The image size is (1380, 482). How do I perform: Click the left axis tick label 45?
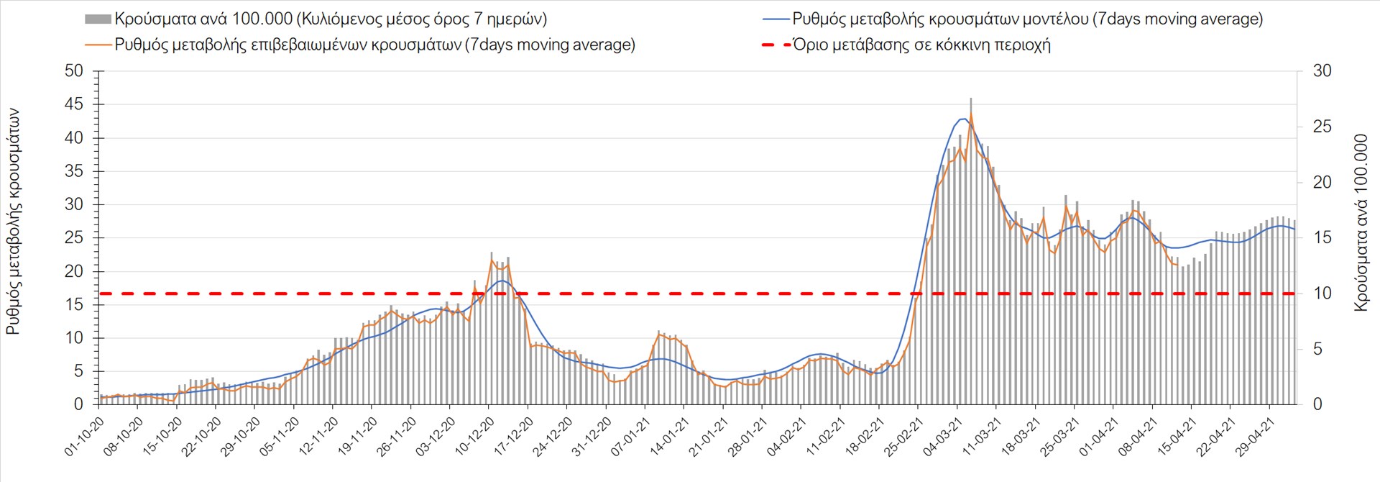[73, 104]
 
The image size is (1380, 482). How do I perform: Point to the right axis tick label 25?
[1322, 127]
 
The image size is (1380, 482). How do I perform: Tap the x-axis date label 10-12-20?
[475, 437]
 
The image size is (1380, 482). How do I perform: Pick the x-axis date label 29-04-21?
[1254, 437]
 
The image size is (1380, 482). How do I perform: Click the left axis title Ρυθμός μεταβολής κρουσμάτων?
[13, 222]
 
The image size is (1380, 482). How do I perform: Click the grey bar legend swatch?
[98, 19]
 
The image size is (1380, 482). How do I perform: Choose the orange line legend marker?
[98, 45]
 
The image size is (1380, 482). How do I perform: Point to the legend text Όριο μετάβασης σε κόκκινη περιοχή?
[921, 45]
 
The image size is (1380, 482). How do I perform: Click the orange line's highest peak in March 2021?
[971, 114]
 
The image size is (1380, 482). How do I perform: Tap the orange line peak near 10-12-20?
[492, 259]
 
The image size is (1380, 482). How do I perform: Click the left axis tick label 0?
[78, 404]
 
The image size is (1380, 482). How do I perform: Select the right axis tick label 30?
[1322, 71]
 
